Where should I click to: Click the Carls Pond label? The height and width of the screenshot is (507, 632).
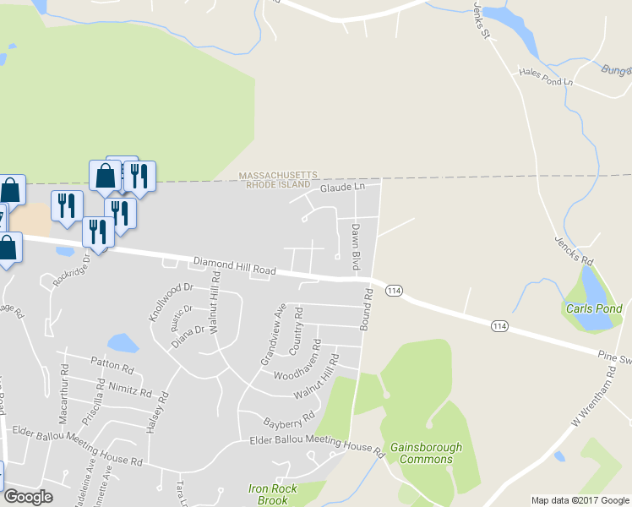(595, 308)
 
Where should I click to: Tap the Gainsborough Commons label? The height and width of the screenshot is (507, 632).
(426, 453)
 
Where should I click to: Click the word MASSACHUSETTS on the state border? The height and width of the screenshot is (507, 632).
(278, 175)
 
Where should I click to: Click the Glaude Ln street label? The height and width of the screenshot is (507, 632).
(341, 187)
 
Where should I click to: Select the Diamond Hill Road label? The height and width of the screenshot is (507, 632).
(234, 265)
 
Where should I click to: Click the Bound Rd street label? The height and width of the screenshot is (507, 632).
(368, 308)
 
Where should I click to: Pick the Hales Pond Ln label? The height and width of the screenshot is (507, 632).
(546, 77)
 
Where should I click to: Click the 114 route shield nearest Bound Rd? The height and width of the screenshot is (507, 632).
(393, 290)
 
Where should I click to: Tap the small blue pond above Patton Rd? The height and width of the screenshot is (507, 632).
(123, 342)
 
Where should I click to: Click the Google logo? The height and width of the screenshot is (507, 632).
(29, 497)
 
